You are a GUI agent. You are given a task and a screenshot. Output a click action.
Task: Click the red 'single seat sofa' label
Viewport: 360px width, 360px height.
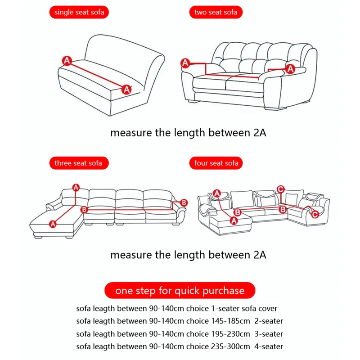pos(79,12)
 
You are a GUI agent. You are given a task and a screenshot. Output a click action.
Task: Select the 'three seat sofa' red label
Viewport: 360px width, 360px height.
pos(78,163)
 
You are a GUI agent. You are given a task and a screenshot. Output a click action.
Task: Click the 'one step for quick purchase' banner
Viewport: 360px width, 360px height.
pos(180,290)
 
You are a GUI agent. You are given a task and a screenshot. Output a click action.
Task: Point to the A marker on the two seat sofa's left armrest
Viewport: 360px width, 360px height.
pos(185,63)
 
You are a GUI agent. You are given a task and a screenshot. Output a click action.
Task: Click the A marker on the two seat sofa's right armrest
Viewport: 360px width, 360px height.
pos(290,68)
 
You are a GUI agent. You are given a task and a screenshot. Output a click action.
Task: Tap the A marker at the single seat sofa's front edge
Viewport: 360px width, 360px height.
pos(126,89)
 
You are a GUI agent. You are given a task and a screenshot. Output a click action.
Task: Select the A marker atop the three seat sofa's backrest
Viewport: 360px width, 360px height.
pos(76,187)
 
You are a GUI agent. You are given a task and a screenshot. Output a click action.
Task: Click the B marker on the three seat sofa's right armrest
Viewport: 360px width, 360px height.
pos(183,202)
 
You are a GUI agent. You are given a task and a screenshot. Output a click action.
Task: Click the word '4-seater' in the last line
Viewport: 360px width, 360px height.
pos(269,346)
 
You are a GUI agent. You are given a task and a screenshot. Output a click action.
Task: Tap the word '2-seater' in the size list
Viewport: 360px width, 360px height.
pos(269,321)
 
